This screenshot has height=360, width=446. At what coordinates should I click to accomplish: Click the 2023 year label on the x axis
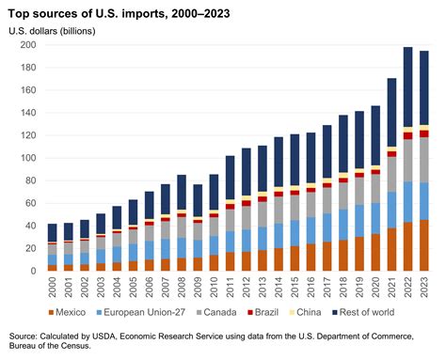pyautogui.click(x=425, y=286)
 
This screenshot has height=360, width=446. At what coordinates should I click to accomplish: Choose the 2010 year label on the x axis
pyautogui.click(x=215, y=286)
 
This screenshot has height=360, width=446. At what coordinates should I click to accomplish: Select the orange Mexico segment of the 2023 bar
pyautogui.click(x=425, y=245)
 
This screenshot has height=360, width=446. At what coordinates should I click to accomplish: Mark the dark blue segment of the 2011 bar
pyautogui.click(x=231, y=179)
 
